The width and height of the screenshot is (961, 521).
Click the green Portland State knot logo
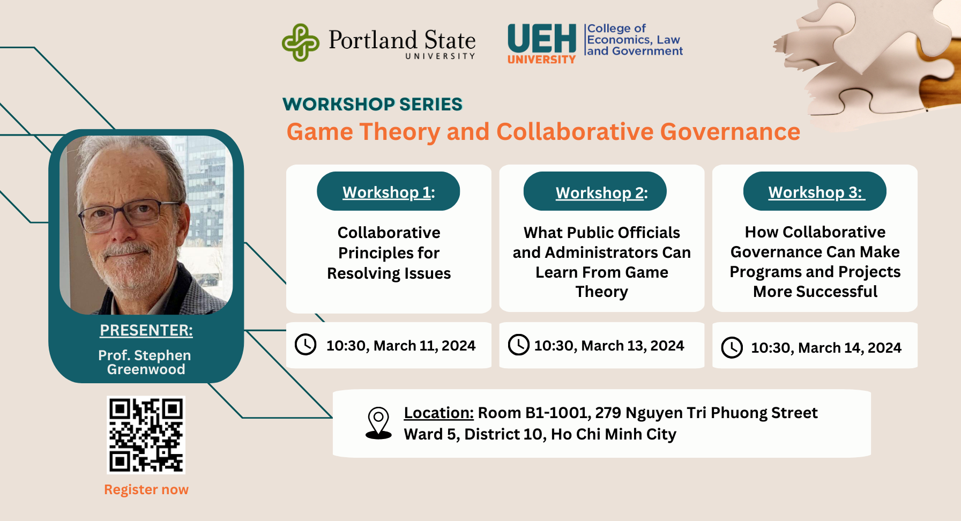[301, 42]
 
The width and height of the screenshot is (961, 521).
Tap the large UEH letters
[542, 39]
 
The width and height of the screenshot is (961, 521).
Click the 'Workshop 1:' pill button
[389, 191]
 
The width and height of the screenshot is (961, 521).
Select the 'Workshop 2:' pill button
[595, 191]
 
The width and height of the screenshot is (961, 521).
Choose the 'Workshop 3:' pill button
[815, 191]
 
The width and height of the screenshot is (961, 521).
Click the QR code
[146, 435]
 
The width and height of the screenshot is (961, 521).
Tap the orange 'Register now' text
[146, 489]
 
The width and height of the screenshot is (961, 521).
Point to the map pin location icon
[378, 423]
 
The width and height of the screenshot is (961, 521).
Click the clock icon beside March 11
[306, 345]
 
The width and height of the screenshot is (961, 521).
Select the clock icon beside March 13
[519, 345]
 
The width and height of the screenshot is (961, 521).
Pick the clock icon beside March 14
[732, 347]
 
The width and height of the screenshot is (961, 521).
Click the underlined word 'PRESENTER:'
[146, 330]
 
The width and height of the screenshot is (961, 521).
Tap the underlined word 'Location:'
[439, 413]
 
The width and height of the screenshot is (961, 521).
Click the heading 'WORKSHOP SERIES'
[373, 104]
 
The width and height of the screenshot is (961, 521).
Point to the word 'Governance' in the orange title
[730, 132]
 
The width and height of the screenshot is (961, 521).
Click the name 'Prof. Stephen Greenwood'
[145, 362]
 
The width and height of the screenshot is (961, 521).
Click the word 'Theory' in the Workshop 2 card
[601, 292]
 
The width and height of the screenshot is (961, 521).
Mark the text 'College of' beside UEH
[616, 28]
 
